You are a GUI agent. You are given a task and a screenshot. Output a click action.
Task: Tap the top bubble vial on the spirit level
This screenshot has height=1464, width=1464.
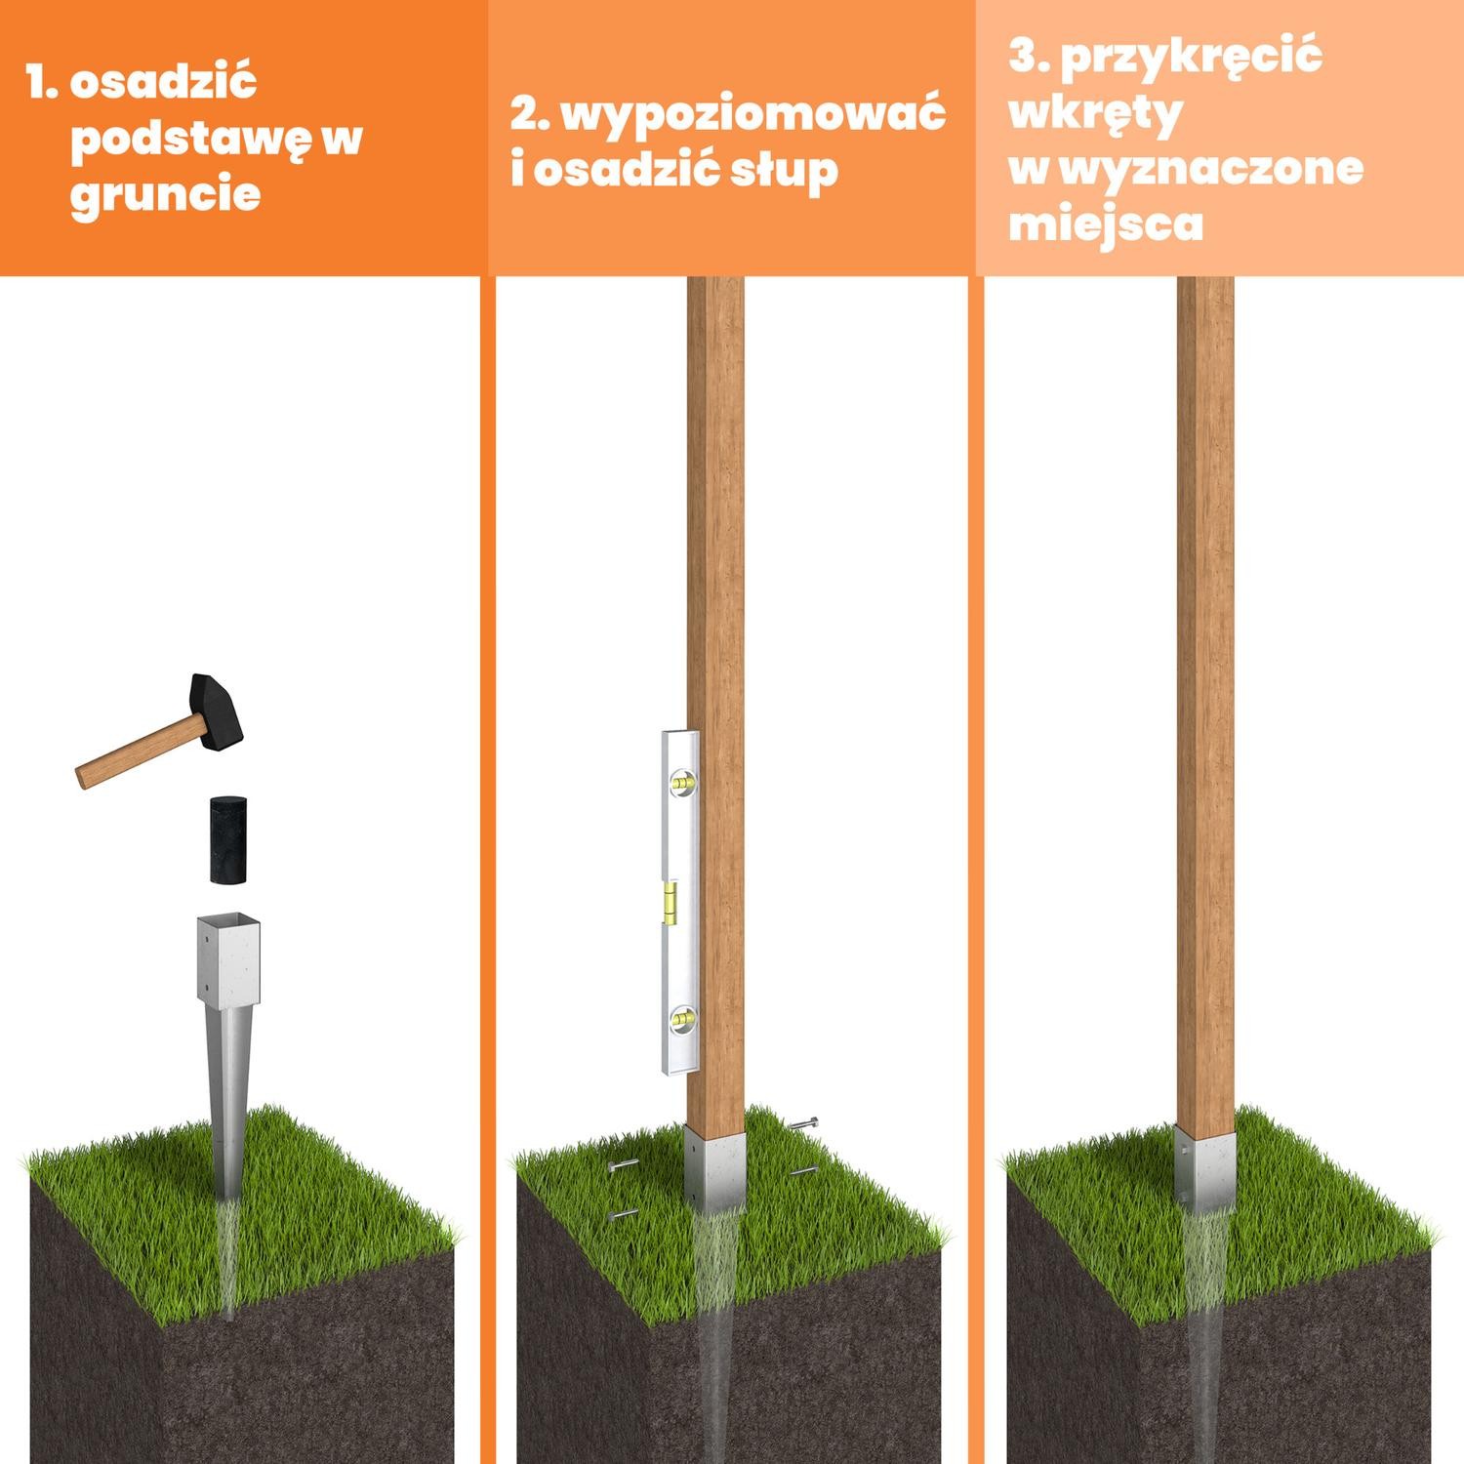[682, 782]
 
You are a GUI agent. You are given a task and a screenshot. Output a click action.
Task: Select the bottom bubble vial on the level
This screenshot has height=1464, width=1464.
[682, 1020]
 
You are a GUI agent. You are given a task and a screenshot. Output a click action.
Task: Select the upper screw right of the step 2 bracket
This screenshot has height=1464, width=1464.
[805, 1124]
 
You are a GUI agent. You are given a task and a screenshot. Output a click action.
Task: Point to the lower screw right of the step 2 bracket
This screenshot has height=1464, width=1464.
[803, 1171]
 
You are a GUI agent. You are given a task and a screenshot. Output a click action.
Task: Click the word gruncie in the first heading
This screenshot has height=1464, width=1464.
[166, 193]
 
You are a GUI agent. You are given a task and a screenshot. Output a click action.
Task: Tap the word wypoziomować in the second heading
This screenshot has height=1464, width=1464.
[752, 114]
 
